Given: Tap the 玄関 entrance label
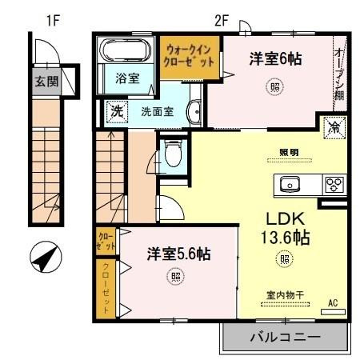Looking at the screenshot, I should (46, 81).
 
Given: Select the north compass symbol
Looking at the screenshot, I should (46, 258).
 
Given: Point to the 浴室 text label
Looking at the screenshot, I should (126, 78).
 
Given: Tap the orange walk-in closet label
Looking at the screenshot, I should (190, 55).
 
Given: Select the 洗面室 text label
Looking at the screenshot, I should (157, 112).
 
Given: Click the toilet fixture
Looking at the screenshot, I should (172, 151).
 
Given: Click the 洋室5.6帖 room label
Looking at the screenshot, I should (178, 255).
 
